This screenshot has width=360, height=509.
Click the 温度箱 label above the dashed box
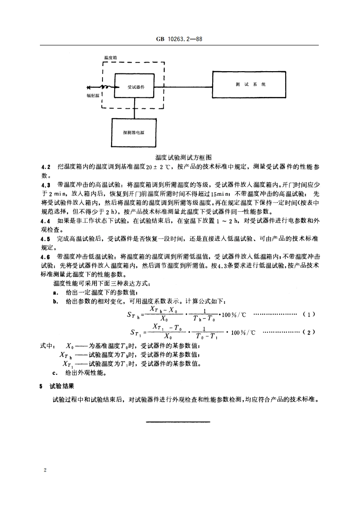coord(111,58)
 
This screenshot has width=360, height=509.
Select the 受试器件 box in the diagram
coord(136,86)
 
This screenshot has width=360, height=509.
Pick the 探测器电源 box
coord(133,133)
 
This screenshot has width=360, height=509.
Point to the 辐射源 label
coord(92,96)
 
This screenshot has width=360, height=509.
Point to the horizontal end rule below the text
coord(180,422)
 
